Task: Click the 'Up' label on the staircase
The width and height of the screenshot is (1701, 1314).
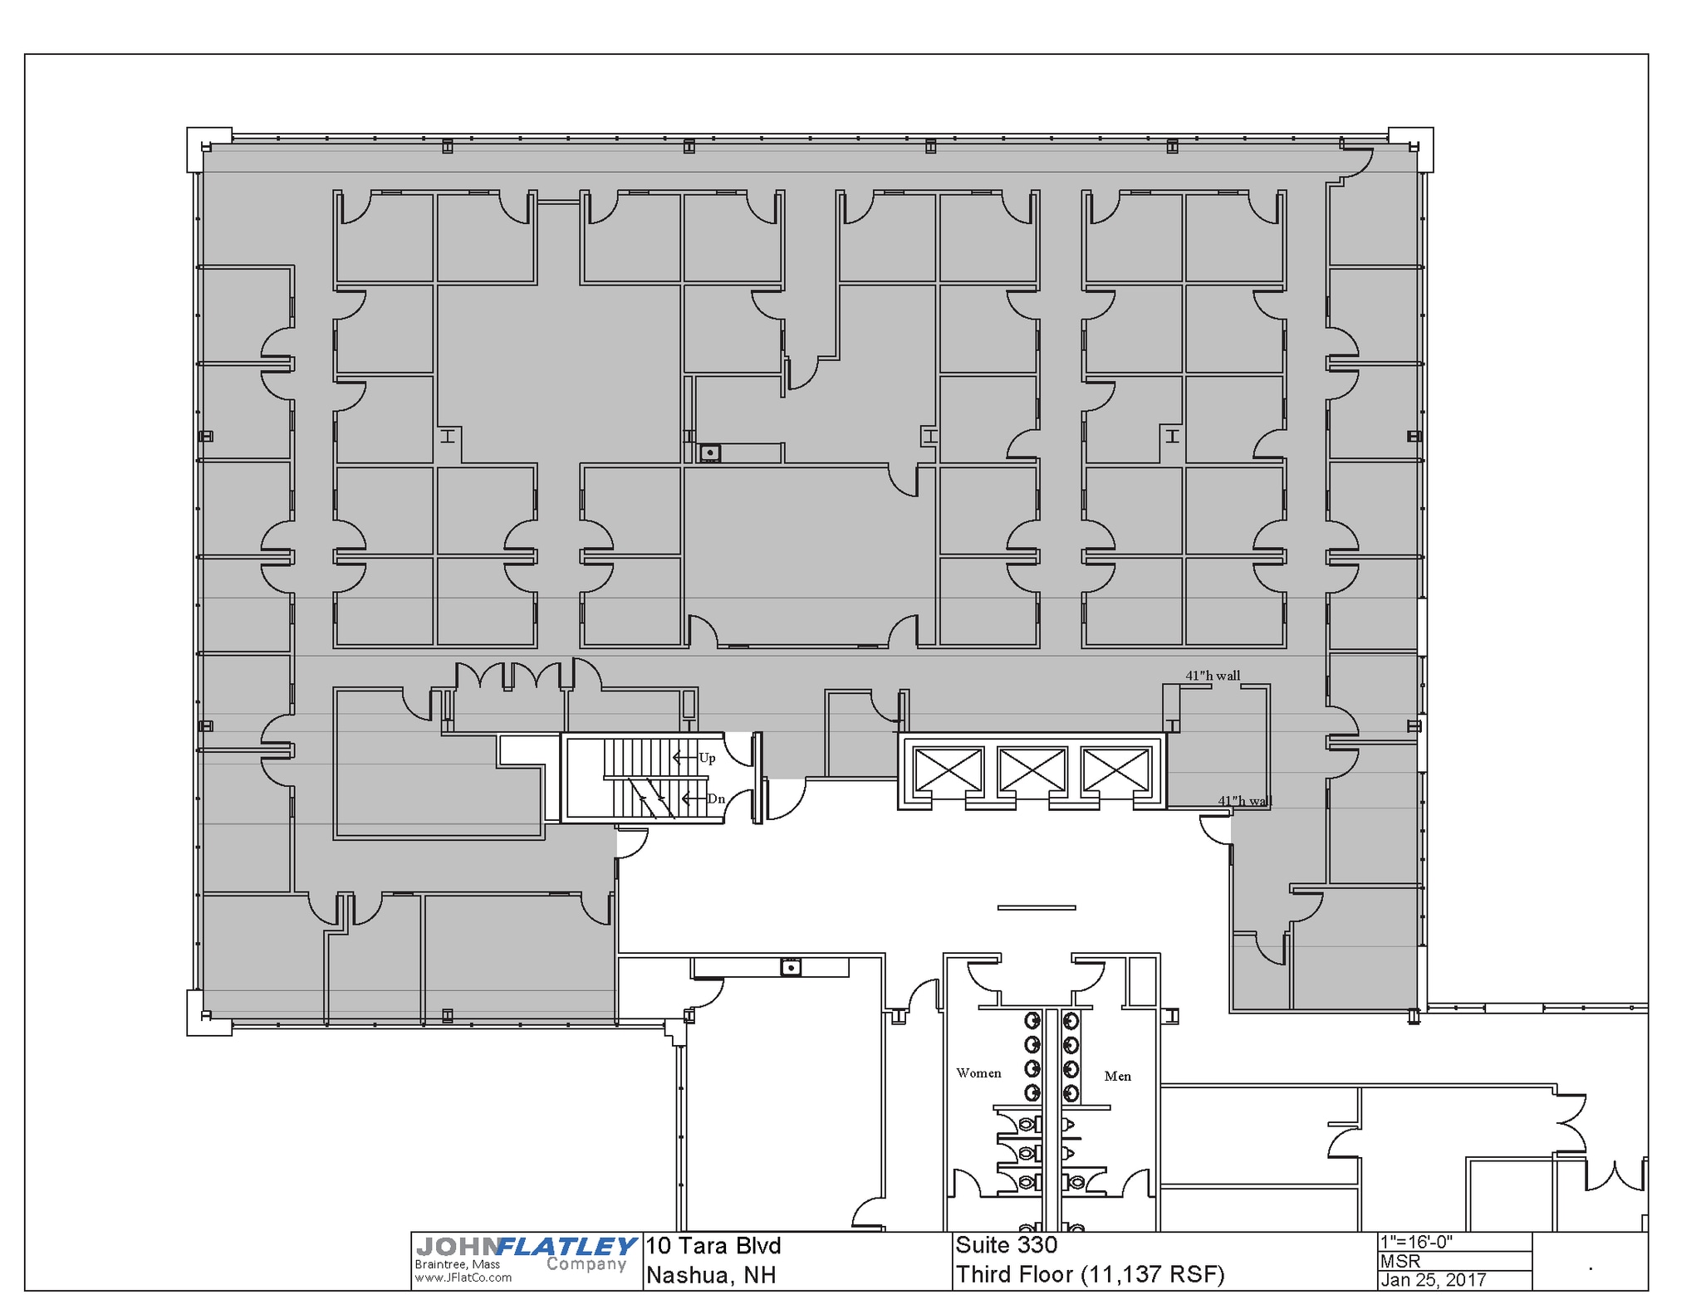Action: [707, 758]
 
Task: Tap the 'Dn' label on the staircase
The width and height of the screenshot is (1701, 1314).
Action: [715, 799]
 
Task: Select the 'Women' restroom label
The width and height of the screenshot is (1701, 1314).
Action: [978, 1073]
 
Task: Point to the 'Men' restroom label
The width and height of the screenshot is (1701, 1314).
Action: [1117, 1077]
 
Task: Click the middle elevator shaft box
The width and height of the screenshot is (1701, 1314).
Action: [1032, 769]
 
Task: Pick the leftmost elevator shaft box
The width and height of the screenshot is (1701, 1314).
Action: [948, 769]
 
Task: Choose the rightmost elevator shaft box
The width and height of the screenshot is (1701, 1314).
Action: [1115, 769]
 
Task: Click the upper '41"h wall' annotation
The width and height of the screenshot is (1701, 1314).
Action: [1213, 676]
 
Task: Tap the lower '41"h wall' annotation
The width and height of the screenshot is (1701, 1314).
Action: [1244, 801]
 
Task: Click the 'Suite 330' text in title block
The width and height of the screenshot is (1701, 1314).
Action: [1006, 1245]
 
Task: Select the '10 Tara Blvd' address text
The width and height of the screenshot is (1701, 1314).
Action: [713, 1246]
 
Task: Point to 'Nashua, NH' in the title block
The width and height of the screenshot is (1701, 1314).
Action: [710, 1275]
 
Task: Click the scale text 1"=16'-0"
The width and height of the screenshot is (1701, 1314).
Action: [1416, 1242]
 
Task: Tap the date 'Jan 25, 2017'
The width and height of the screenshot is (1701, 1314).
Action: [1433, 1280]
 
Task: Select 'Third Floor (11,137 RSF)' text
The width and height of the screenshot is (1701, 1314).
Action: [1090, 1274]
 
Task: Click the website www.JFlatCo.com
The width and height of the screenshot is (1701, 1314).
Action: [463, 1277]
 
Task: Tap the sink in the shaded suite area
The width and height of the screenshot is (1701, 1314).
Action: [709, 453]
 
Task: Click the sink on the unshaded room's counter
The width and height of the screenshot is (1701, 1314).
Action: [790, 967]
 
